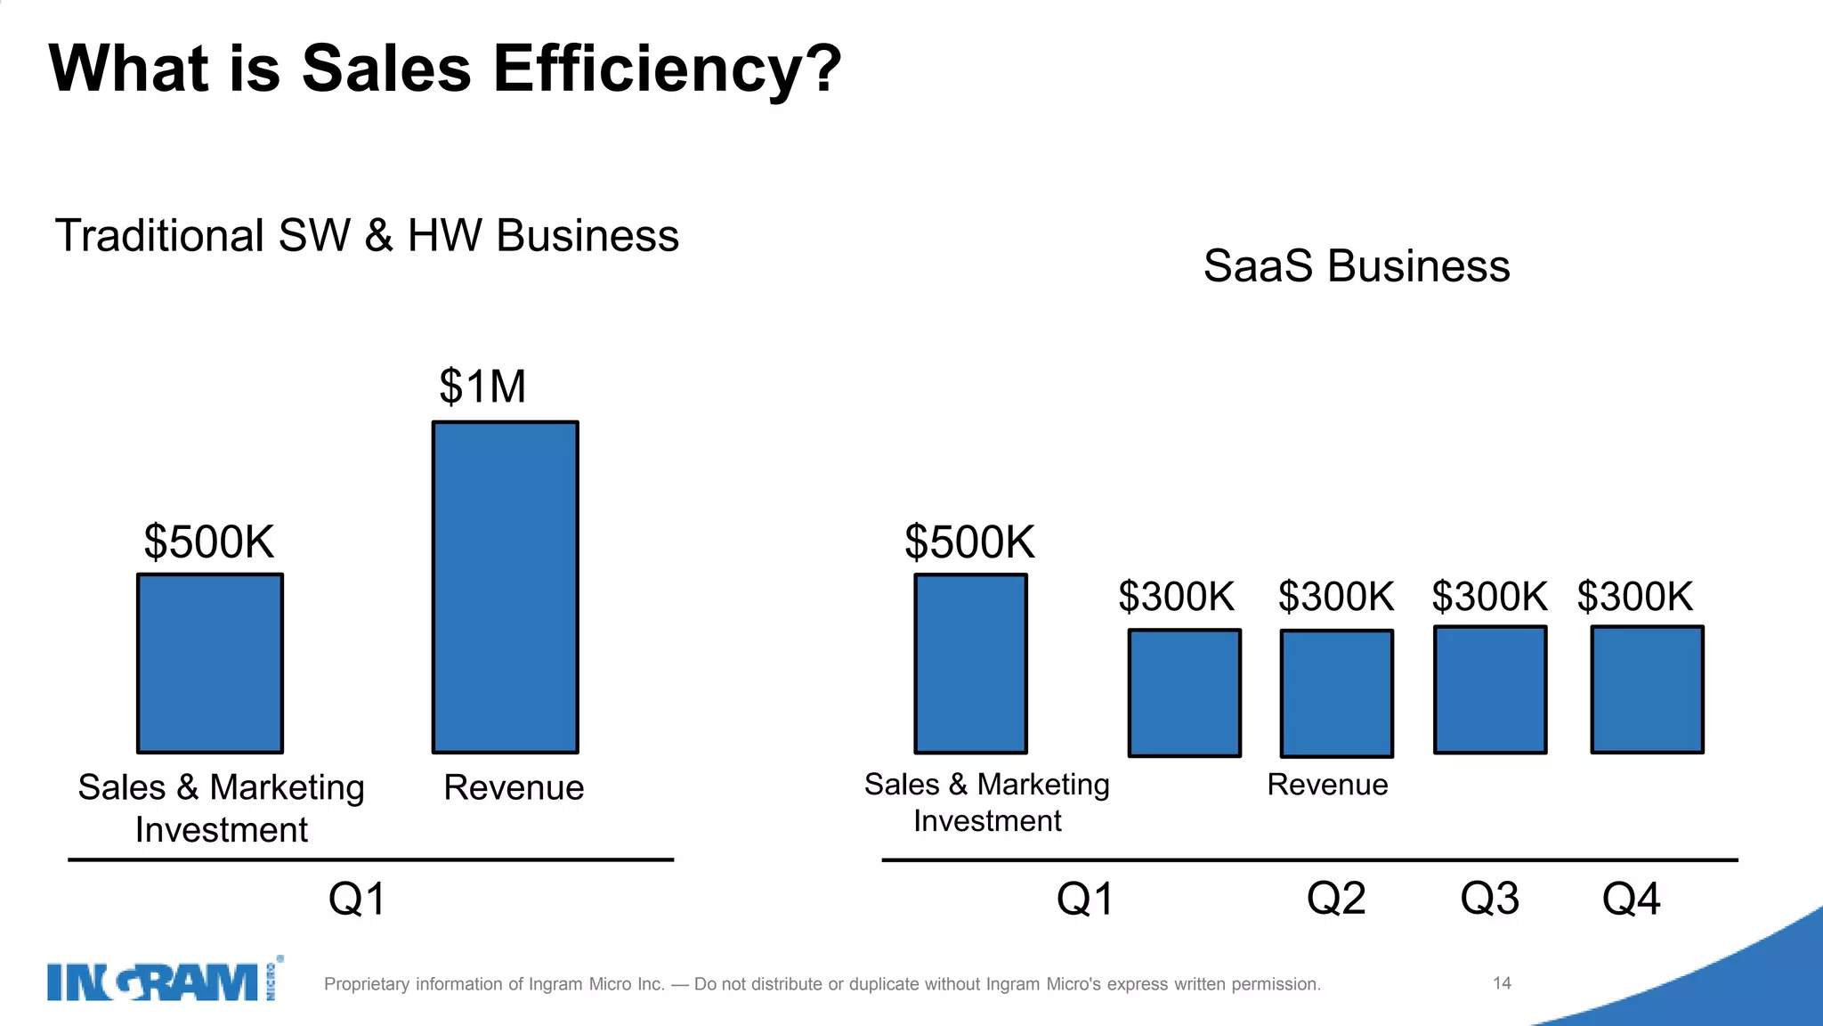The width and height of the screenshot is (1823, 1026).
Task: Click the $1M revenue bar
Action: tap(505, 588)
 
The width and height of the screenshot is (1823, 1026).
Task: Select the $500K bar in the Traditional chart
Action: tap(210, 664)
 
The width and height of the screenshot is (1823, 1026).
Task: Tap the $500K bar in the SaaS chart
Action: tap(970, 664)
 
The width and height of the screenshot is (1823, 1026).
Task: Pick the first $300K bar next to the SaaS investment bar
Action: tap(1184, 693)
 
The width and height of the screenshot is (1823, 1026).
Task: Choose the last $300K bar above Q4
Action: tap(1647, 689)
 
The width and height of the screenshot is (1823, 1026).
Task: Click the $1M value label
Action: tap(482, 387)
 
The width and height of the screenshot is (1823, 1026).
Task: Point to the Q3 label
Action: tap(1489, 899)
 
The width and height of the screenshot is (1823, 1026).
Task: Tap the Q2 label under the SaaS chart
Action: tap(1335, 899)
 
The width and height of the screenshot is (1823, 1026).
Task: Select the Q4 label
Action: tap(1631, 899)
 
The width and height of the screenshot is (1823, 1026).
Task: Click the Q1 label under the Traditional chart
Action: tap(357, 899)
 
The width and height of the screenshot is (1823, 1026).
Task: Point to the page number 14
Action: tap(1502, 983)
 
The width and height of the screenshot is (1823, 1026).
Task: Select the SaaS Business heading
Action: tap(1356, 265)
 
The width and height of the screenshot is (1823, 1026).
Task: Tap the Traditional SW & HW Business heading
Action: tap(367, 236)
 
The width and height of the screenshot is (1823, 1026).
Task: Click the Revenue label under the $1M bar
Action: tap(514, 788)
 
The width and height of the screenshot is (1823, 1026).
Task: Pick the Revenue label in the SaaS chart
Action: tap(1327, 785)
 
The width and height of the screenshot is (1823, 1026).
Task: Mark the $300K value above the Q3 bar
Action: tap(1489, 596)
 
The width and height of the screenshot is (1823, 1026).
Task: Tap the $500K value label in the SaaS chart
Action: tap(969, 541)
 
